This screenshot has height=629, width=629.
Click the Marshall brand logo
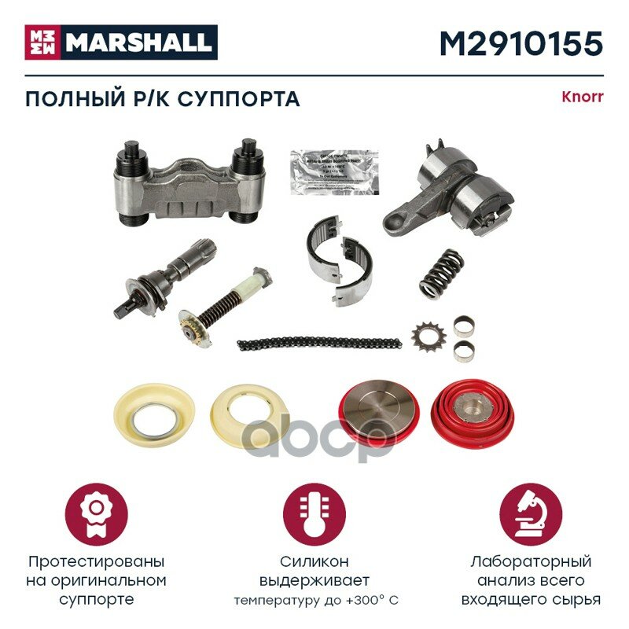coord(121,42)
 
